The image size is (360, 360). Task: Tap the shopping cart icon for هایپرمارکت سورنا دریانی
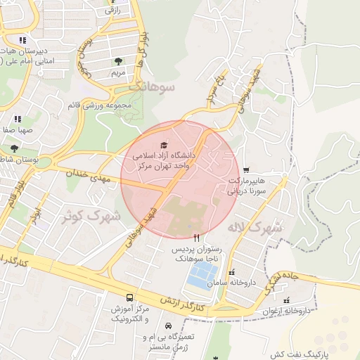(x=246, y=169)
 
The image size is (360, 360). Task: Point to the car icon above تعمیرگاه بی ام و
(x=169, y=326)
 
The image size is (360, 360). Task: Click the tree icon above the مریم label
(x=117, y=61)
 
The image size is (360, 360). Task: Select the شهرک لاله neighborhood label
(x=254, y=227)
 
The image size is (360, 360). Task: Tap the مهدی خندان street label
(x=89, y=175)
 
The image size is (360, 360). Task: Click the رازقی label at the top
(x=112, y=11)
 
